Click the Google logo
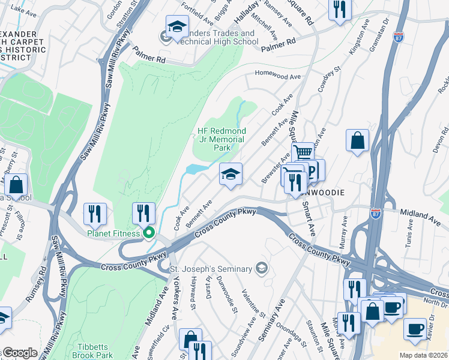point(19,353)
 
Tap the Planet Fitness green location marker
point(148,233)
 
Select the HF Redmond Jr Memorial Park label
point(221,139)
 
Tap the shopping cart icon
point(303,152)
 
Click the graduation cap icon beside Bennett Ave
point(231,174)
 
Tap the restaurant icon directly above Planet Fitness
point(143,212)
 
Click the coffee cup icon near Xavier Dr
point(415,328)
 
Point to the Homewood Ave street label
point(277,76)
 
